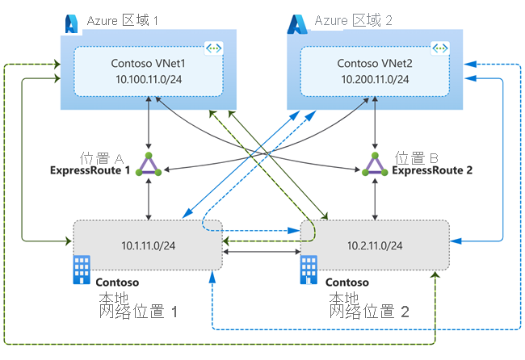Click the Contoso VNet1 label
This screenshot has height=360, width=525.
149,63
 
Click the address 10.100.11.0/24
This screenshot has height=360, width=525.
149,79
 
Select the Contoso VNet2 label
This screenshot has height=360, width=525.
375,63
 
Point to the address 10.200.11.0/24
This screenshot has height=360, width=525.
375,79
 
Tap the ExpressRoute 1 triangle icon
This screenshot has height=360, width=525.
149,165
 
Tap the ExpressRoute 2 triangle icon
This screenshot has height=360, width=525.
375,165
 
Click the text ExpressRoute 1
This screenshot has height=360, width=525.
90,170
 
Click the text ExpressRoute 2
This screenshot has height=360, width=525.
432,170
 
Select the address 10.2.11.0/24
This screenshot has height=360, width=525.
375,245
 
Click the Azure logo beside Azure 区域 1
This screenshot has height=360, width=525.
71,24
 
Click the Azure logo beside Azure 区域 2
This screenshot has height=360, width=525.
296,24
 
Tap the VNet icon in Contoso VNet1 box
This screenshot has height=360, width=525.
214,49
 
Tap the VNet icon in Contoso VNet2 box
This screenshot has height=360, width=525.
440,49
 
